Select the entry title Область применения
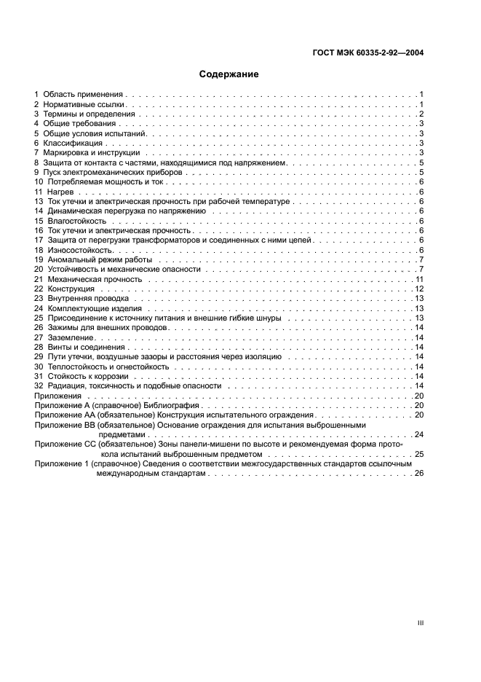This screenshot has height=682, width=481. [x=83, y=95]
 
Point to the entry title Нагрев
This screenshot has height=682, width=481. [x=60, y=191]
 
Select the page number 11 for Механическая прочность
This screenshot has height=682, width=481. [x=419, y=280]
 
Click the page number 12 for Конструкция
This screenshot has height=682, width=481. [x=419, y=289]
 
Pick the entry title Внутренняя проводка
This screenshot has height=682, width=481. [x=88, y=299]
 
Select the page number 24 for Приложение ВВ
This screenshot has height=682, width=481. [x=418, y=434]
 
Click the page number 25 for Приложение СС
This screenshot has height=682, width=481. [x=418, y=453]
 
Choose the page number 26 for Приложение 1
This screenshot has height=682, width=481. [x=418, y=472]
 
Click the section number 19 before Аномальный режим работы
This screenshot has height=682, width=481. [x=39, y=260]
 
